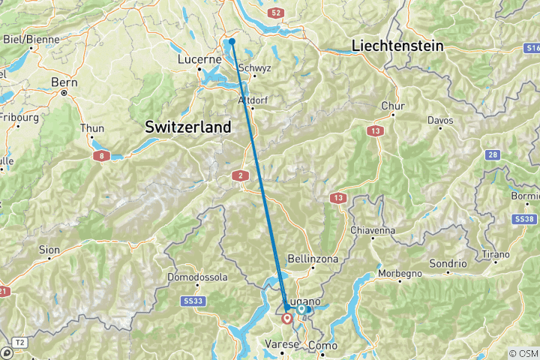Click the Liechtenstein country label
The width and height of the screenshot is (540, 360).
click(397, 46)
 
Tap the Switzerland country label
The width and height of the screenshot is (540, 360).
click(187, 127)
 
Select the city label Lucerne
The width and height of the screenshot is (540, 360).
click(198, 59)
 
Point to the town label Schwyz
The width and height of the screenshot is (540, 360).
click(253, 67)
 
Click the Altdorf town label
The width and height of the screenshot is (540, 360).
click(252, 100)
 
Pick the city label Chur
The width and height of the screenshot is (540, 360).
click(393, 106)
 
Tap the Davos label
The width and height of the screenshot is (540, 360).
click(440, 120)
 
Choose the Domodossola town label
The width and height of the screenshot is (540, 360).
click(198, 277)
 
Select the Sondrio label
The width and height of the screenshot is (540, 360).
click(448, 264)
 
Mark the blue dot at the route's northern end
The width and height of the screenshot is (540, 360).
click(232, 41)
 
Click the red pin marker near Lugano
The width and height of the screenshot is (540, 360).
click(286, 319)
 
